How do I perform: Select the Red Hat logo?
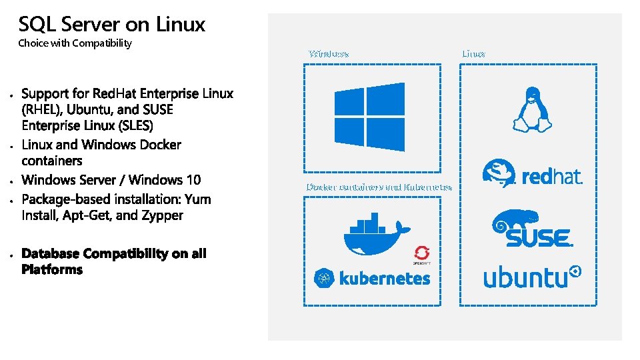532,174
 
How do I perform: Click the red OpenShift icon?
421,254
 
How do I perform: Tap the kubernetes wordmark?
385,279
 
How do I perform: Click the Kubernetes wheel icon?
325,279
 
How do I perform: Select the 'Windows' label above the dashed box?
329,53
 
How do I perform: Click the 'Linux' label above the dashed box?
473,53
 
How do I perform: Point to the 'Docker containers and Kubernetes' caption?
379,187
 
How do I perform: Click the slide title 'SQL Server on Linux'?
112,25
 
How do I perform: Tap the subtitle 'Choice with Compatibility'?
75,43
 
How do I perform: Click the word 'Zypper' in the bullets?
163,215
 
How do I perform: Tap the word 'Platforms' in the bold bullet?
52,269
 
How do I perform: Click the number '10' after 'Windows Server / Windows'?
191,180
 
